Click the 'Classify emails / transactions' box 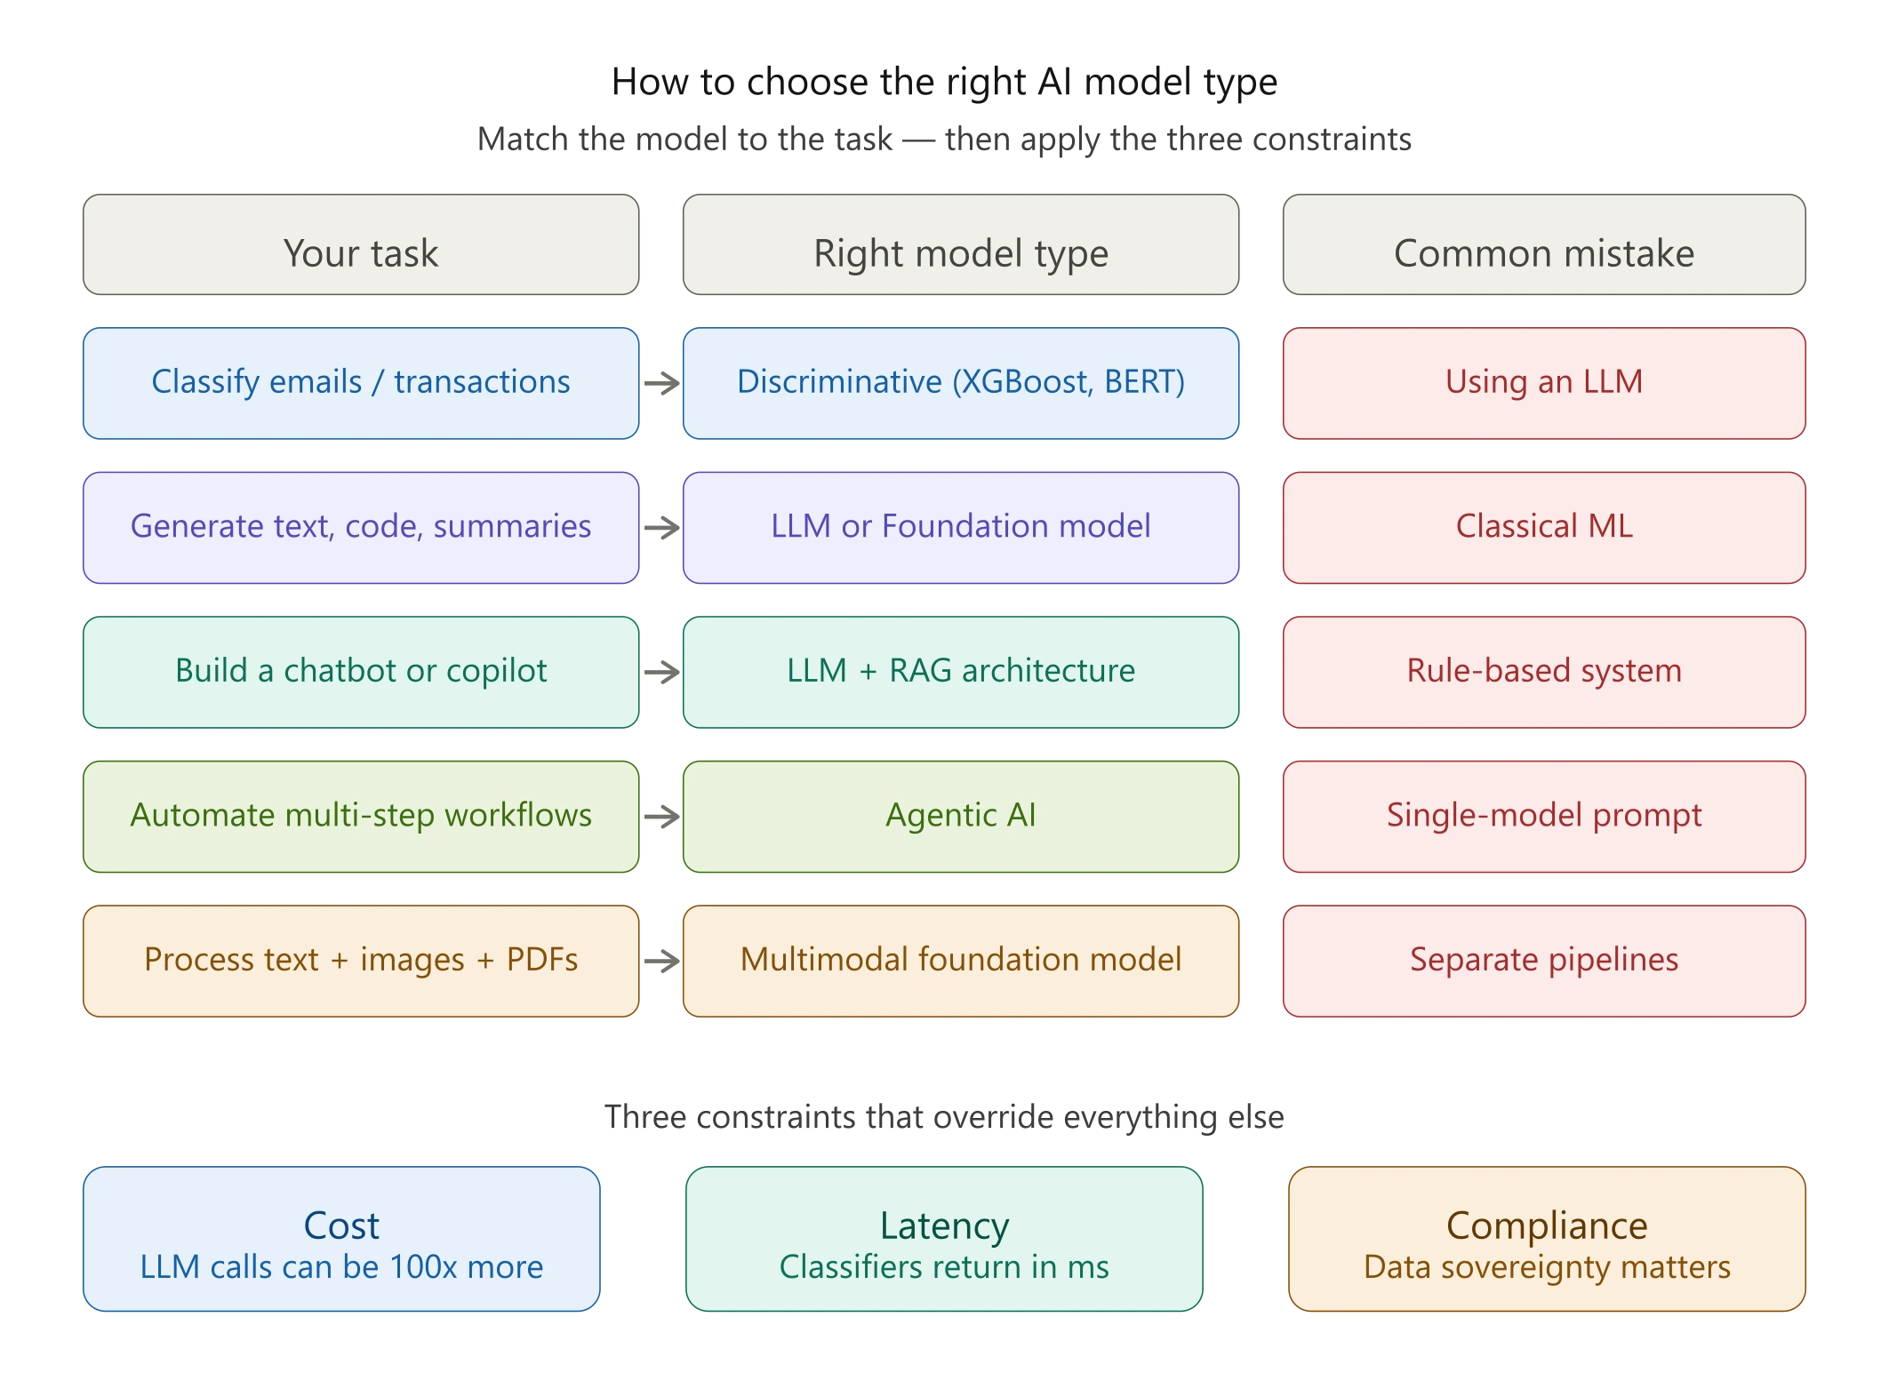click(360, 383)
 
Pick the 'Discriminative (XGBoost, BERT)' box click(960, 383)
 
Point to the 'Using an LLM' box click(1543, 383)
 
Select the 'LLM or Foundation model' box click(960, 527)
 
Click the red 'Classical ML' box click(1543, 527)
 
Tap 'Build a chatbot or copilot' click(360, 672)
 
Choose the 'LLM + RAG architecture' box click(960, 672)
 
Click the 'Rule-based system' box click(1543, 672)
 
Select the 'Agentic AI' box click(960, 816)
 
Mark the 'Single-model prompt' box click(1543, 816)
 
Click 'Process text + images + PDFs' click(360, 961)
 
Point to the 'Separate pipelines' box click(1543, 961)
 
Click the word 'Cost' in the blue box click(341, 1225)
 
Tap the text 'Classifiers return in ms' click(943, 1267)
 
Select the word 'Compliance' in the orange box click(1546, 1225)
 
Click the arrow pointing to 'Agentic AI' click(661, 816)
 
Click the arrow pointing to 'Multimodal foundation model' click(661, 960)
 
